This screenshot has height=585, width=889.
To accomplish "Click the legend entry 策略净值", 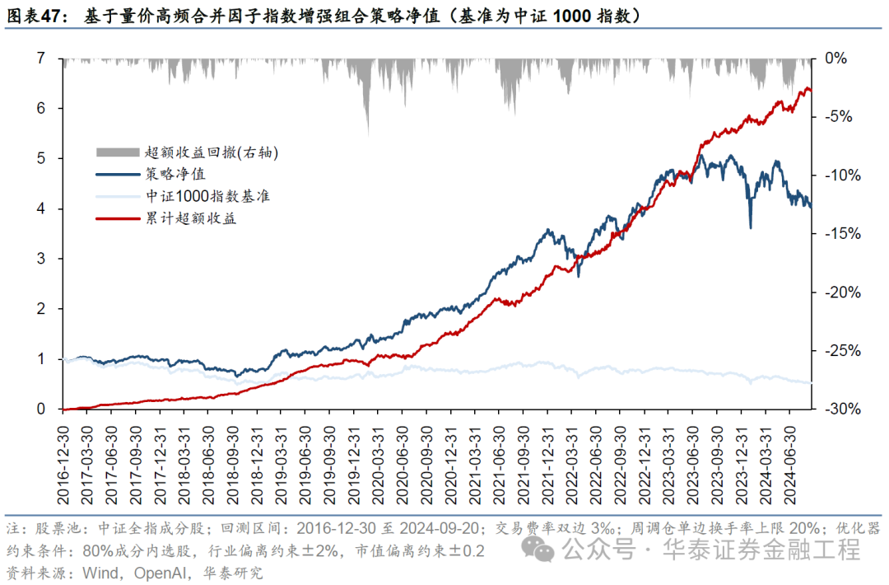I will (x=175, y=174).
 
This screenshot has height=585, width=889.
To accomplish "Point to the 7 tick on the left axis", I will (x=40, y=58).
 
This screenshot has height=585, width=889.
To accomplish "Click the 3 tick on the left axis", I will (x=40, y=259).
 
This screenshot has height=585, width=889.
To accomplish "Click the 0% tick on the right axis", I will (x=835, y=58).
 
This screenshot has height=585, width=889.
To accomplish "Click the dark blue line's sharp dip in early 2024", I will (x=750, y=227).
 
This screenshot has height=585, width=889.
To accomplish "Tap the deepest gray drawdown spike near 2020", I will (x=367, y=132).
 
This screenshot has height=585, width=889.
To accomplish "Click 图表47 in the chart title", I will (x=35, y=16).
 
